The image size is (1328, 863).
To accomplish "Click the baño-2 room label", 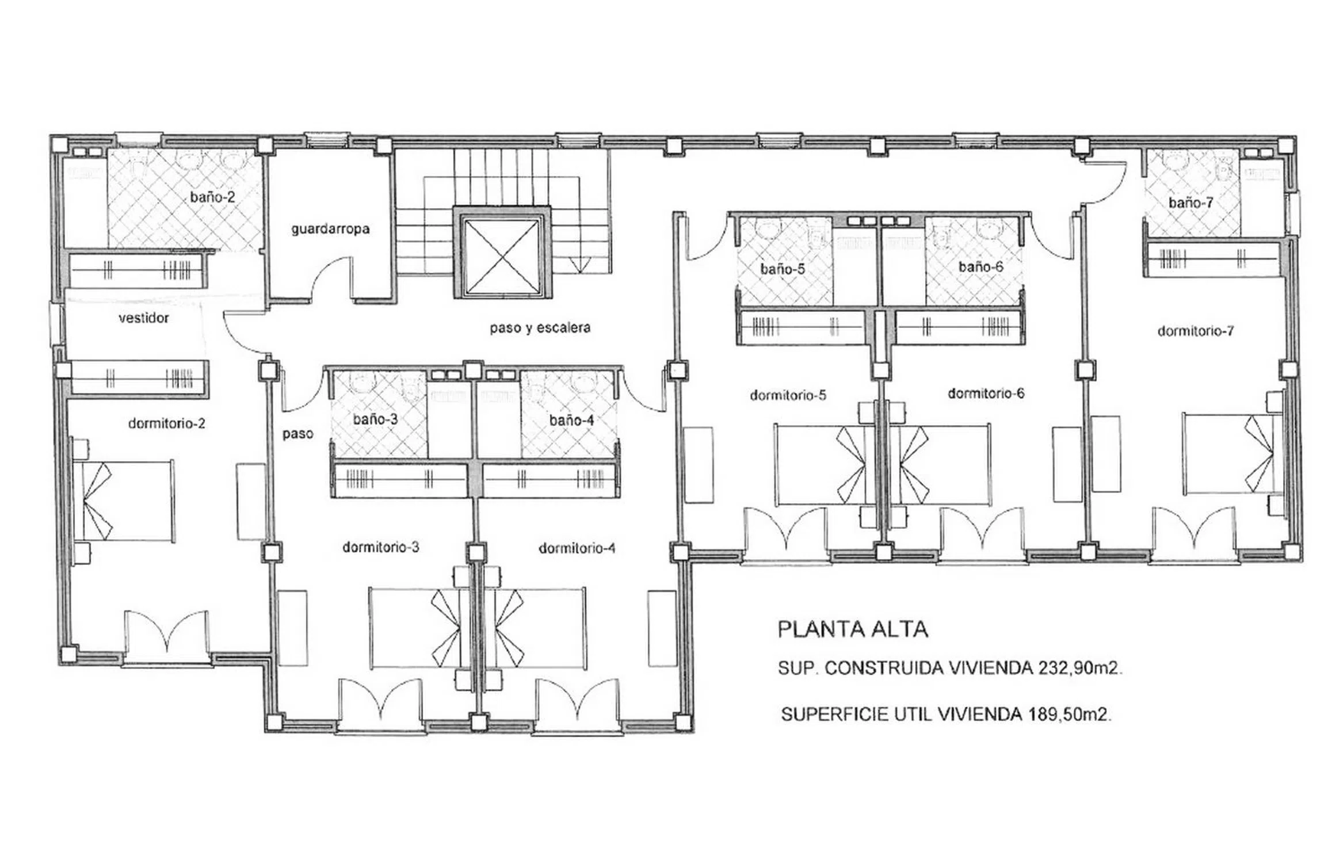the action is pos(212,197).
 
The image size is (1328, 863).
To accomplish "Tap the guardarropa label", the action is pos(330,229).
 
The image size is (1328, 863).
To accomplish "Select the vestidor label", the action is pos(144,318).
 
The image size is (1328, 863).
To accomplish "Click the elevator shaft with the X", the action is pos(502,253).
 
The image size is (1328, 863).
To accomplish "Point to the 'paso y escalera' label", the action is pos(540,327).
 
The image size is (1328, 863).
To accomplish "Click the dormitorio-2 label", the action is pos(167,423).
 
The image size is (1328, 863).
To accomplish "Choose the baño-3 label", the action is pos(375,419).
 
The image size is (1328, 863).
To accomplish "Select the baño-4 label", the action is pos(571,421).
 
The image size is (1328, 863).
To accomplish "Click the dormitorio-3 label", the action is pos(381,547).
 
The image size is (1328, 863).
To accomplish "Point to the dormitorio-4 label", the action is pos(577,548).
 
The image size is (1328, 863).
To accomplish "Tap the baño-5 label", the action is pos(782,269).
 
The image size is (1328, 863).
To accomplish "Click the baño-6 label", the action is pos(980,267).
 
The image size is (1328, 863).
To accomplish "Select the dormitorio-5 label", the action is pos(788,395).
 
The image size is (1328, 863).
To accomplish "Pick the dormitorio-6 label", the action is pos(986,394).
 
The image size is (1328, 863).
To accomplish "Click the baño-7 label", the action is pos(1191,203).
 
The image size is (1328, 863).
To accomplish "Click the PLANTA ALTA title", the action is pos(853,629).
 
